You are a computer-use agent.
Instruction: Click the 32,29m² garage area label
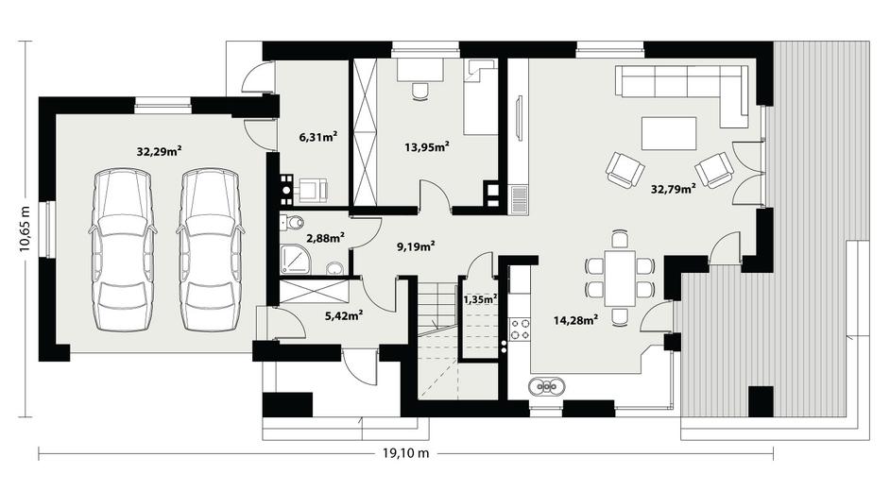(159, 151)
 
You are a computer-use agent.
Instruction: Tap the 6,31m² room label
(318, 136)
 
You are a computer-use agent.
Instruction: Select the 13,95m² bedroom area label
(427, 147)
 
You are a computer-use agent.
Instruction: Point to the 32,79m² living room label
(674, 189)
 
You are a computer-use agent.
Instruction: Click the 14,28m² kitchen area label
(576, 320)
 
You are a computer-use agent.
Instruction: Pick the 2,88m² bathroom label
(325, 238)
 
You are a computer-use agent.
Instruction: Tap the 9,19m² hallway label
(416, 246)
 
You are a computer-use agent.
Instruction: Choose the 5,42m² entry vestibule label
(344, 315)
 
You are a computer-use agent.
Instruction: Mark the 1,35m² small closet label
(480, 298)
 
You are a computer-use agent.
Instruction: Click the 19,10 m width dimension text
(406, 452)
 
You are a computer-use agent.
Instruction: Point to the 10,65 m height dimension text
(25, 228)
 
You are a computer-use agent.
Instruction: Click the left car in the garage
(123, 249)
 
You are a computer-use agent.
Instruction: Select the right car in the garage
(211, 249)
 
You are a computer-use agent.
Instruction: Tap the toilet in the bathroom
(292, 223)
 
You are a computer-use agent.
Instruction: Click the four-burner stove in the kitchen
(520, 329)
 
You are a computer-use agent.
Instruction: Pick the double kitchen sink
(546, 387)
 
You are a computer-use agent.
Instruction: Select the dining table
(620, 278)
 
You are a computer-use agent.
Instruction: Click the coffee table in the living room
(669, 133)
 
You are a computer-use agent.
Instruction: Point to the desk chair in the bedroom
(420, 91)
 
